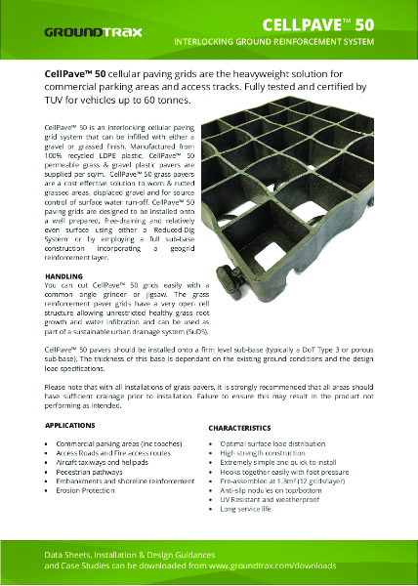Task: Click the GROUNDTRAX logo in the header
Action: tap(93, 31)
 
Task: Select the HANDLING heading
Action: tap(63, 277)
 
